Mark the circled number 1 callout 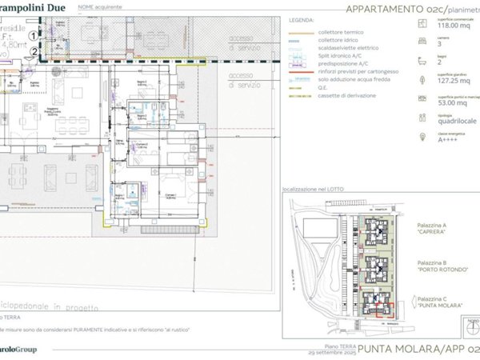(x=32, y=36)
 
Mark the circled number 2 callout (x=32, y=53)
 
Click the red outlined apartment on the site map (x=378, y=307)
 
